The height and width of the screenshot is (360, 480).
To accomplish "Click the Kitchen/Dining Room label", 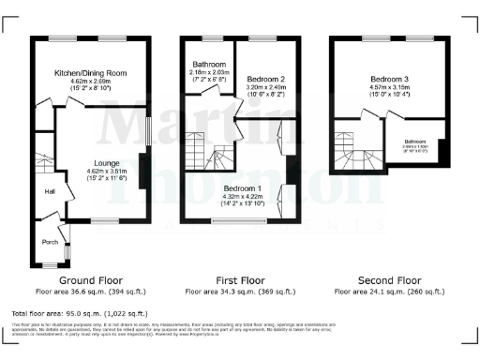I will [x=91, y=73].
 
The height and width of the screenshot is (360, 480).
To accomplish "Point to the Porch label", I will [x=50, y=241].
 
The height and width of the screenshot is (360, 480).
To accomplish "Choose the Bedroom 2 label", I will [x=265, y=80].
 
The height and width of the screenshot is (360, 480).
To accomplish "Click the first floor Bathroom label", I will [x=208, y=64].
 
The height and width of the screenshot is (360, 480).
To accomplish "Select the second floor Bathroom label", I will [x=414, y=141].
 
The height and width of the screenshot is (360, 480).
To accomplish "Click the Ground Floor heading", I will [x=90, y=280].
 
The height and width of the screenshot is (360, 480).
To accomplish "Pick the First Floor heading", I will [x=240, y=280].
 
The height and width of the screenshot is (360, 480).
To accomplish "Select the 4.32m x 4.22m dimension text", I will [x=240, y=194].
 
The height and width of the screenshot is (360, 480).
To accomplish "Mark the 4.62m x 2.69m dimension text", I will [x=91, y=82].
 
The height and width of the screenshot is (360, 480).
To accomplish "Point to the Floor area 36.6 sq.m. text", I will [x=90, y=292].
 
